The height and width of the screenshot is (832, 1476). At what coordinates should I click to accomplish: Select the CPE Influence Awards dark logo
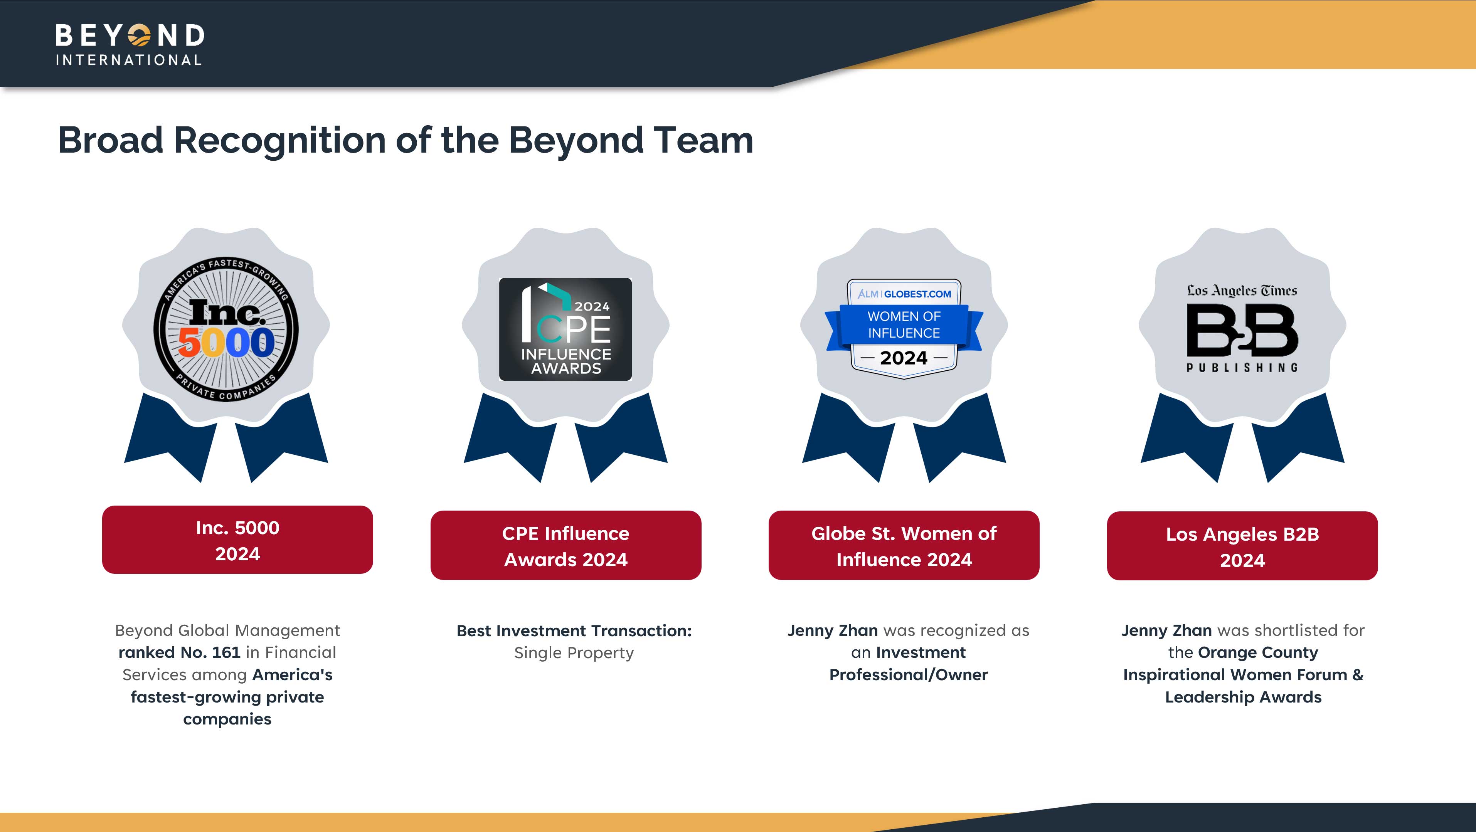[x=565, y=329]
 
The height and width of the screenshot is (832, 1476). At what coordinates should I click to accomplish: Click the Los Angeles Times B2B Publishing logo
[x=1242, y=328]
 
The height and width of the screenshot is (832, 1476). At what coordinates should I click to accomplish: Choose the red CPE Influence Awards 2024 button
[x=565, y=546]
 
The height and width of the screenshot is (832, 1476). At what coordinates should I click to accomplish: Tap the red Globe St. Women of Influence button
[x=904, y=546]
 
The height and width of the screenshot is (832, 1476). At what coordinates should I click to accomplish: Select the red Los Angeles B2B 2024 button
[x=1242, y=546]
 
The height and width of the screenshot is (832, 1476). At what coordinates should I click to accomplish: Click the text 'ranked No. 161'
[x=179, y=653]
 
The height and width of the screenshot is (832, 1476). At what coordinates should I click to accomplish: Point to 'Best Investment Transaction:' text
[x=574, y=631]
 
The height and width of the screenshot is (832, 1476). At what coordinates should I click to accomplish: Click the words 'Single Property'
[x=574, y=653]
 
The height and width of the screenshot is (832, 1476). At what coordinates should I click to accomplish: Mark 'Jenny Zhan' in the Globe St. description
[x=833, y=631]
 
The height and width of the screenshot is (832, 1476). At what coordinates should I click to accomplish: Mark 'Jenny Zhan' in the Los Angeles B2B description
[x=1166, y=631]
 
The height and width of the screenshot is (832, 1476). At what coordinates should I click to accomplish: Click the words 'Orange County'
[x=1258, y=653]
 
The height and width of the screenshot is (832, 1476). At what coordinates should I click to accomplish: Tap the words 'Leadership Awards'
[x=1244, y=698]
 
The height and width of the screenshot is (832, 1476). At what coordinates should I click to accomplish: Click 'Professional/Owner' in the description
[x=909, y=675]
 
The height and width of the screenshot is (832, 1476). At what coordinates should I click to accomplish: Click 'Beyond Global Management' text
[x=227, y=631]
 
